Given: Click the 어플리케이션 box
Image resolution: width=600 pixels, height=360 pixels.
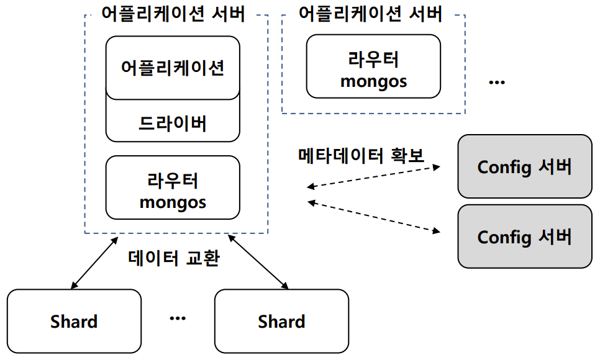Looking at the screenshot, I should click(x=173, y=67).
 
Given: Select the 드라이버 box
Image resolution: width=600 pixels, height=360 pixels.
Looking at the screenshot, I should click(x=173, y=122).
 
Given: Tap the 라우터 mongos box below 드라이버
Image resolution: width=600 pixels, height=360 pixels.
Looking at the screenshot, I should click(x=173, y=192).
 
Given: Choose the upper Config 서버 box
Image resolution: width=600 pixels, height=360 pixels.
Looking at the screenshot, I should click(x=525, y=166).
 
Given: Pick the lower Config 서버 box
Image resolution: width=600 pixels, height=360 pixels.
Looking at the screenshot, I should click(x=525, y=236).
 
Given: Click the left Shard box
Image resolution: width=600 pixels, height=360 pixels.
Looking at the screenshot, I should click(x=74, y=321).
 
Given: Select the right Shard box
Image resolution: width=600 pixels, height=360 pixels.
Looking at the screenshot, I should click(x=281, y=321).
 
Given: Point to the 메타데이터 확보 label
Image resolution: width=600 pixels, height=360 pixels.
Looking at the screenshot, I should click(x=361, y=155).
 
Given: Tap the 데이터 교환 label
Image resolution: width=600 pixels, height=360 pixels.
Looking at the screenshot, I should click(x=173, y=258).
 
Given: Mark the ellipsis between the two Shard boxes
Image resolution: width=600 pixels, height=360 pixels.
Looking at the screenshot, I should click(x=178, y=318).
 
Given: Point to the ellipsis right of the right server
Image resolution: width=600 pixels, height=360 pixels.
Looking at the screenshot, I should click(x=497, y=82).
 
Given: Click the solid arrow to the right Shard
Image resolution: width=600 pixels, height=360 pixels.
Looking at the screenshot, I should click(x=257, y=262).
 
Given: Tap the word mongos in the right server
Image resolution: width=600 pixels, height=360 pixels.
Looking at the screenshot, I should click(x=373, y=81).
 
